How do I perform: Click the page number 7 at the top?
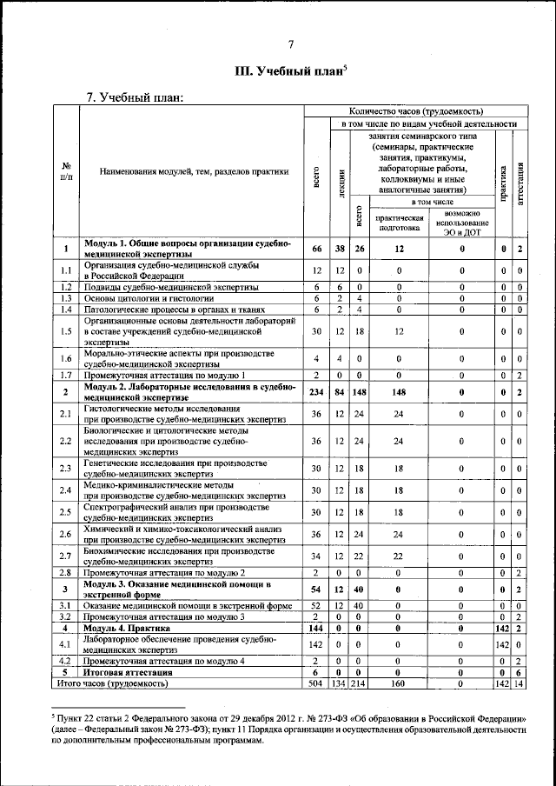(x=291, y=45)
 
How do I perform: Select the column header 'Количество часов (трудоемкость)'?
(x=416, y=111)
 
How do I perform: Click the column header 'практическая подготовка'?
(x=400, y=223)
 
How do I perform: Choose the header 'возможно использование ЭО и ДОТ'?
(x=461, y=223)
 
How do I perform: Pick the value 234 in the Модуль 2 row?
(x=317, y=393)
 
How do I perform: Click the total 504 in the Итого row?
(x=317, y=683)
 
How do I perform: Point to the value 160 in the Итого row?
(x=400, y=683)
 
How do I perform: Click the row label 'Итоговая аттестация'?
(x=136, y=672)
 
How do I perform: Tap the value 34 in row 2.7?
(x=317, y=556)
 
